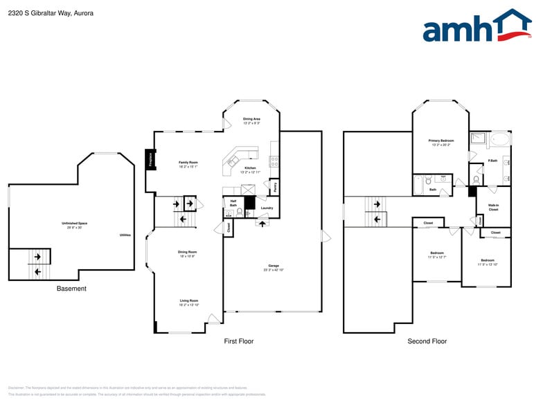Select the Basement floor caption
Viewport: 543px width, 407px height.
(71, 289)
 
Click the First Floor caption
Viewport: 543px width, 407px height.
(238, 341)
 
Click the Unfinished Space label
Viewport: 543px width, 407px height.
(74, 224)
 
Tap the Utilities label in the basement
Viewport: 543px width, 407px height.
(125, 235)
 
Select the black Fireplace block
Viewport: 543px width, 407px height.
(149, 160)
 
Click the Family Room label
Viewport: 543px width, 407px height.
(188, 163)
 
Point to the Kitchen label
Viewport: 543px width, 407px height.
(250, 168)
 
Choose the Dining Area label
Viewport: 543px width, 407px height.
(251, 119)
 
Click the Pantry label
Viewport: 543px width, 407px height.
(275, 187)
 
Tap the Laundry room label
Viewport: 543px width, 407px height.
(267, 208)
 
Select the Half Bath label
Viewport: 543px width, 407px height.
(233, 203)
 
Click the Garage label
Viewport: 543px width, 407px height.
(274, 266)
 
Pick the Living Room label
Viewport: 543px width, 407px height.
(188, 301)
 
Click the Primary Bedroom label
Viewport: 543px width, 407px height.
(441, 141)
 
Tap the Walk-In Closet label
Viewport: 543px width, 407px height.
(493, 207)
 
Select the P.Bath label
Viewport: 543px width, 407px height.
(492, 161)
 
